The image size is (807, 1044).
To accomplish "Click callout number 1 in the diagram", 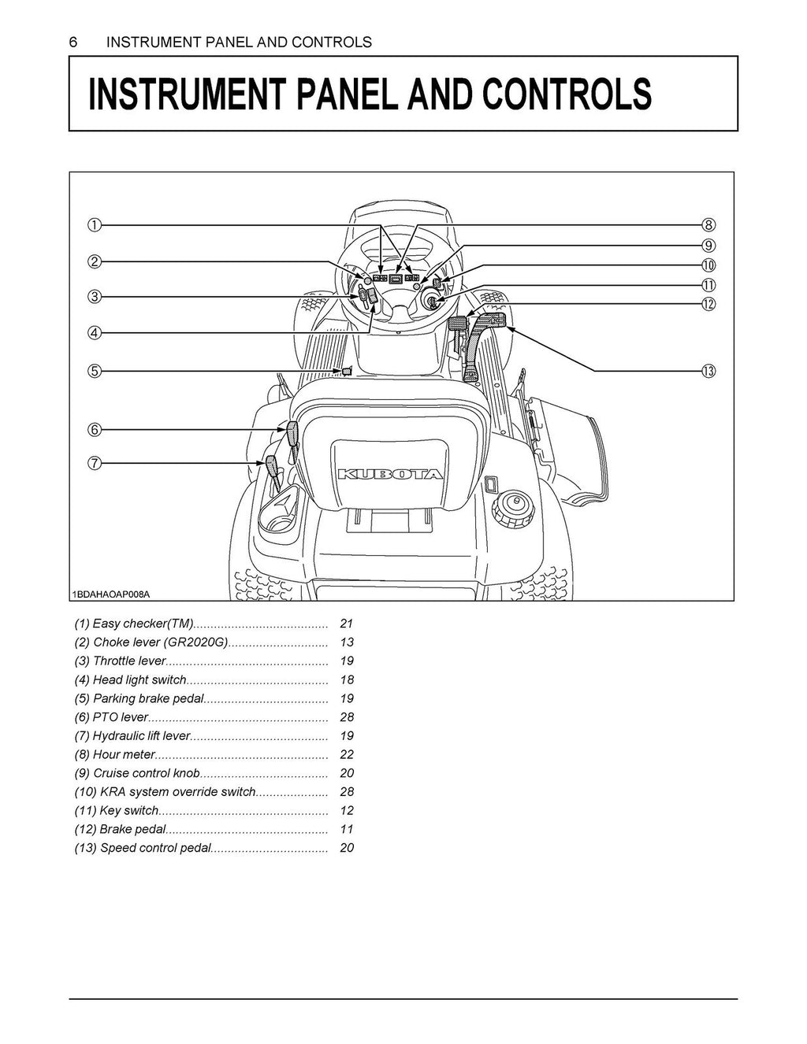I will click(94, 225).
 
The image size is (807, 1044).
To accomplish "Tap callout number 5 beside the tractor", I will click(94, 371).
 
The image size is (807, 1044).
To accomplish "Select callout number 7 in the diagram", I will click(94, 464).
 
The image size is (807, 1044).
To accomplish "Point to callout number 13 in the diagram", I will click(708, 371).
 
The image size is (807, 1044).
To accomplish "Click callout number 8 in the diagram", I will click(708, 225).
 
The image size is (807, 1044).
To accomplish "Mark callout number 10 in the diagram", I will click(708, 265).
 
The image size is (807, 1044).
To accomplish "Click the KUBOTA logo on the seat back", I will click(390, 475).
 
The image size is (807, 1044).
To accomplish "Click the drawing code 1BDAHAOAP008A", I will click(111, 594).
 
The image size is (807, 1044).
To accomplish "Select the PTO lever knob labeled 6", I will click(291, 432).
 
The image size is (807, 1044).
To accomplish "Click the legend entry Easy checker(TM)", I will click(134, 624).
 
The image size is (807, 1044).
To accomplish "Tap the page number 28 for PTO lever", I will click(347, 717).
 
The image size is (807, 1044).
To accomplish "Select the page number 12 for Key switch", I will click(347, 810).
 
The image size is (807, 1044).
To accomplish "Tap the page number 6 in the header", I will click(73, 43).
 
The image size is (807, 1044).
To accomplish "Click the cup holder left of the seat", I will click(275, 513).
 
